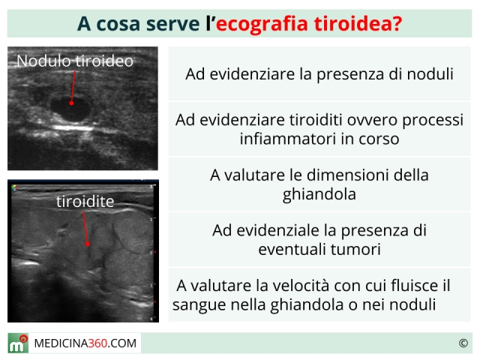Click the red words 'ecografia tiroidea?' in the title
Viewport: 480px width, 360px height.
(x=309, y=23)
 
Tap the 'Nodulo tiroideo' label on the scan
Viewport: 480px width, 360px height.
(x=75, y=61)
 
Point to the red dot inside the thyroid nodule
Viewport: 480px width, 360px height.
(x=71, y=103)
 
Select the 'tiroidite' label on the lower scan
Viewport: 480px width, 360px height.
(x=85, y=202)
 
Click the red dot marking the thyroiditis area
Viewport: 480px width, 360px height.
(x=88, y=244)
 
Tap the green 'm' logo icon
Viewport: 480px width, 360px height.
(x=18, y=343)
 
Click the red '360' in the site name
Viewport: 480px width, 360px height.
(x=97, y=343)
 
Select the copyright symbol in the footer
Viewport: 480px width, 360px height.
(x=463, y=343)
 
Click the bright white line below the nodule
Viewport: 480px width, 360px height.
(x=73, y=128)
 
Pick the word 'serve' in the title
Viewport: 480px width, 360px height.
(x=172, y=24)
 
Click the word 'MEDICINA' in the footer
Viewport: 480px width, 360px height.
(x=61, y=343)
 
